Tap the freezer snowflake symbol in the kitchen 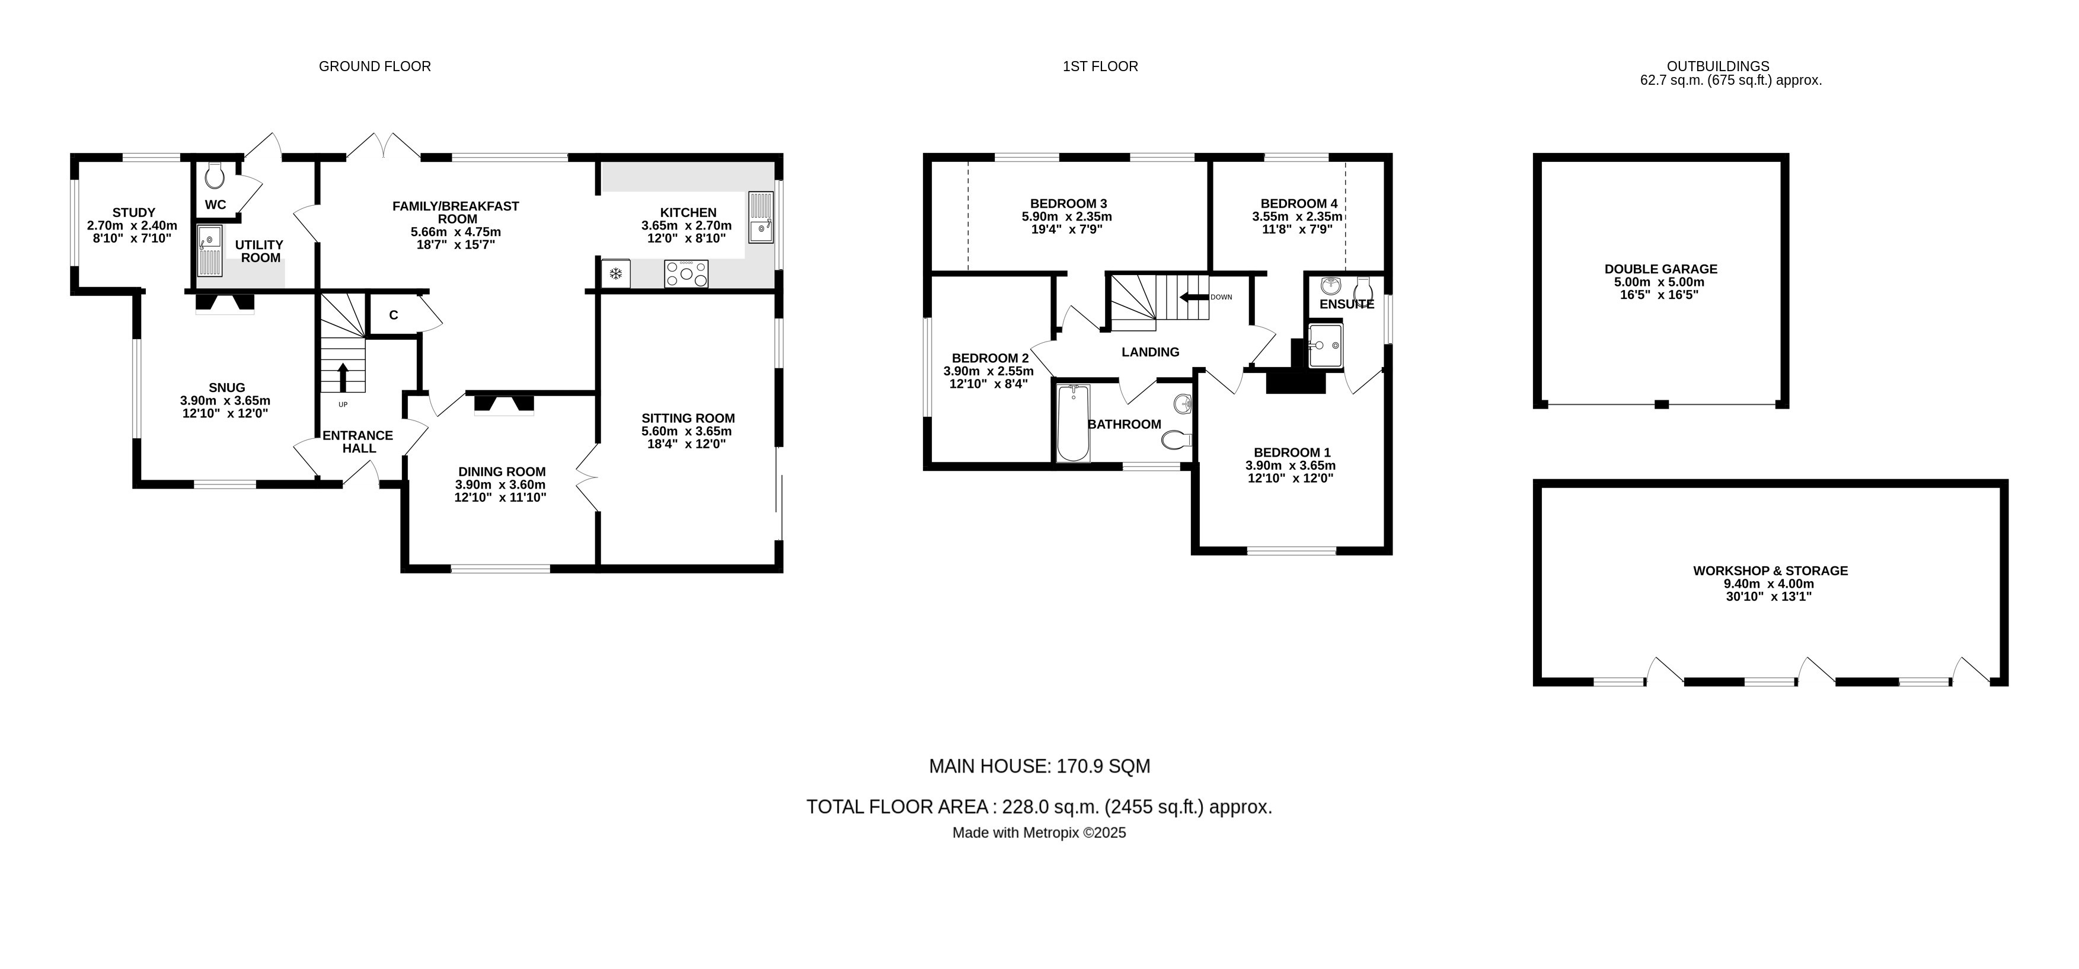[x=616, y=275]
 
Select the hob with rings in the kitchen [x=686, y=274]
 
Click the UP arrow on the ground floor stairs [x=343, y=377]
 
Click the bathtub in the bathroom [x=1072, y=423]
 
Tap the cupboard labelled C [x=393, y=315]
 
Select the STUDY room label [x=133, y=213]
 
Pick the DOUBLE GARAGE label [x=1660, y=269]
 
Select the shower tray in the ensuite [x=1324, y=346]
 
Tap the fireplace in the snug [x=225, y=303]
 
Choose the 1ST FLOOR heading [x=1100, y=66]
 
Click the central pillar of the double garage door [x=1661, y=404]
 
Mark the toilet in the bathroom [x=1177, y=440]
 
